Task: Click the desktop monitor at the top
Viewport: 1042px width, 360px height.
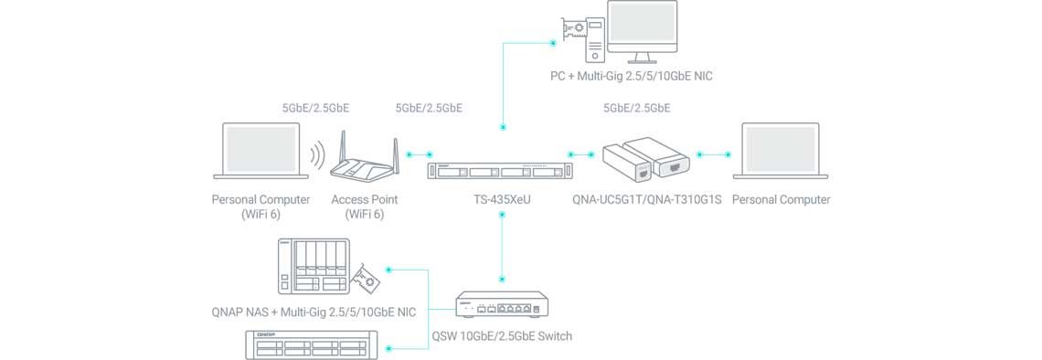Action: tap(643, 31)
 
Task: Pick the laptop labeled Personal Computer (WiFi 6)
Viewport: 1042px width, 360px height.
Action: tap(261, 151)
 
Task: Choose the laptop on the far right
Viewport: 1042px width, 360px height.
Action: tap(781, 151)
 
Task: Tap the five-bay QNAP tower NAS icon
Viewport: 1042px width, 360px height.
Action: tap(313, 267)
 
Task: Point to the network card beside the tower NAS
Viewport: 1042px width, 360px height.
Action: tap(367, 279)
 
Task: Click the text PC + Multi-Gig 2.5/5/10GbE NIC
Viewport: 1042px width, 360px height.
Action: tap(632, 76)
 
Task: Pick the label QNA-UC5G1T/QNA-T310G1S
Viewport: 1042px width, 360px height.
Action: tap(647, 199)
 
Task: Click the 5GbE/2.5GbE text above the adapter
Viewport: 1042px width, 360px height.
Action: tap(637, 108)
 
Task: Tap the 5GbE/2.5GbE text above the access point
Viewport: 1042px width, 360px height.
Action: tap(315, 108)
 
